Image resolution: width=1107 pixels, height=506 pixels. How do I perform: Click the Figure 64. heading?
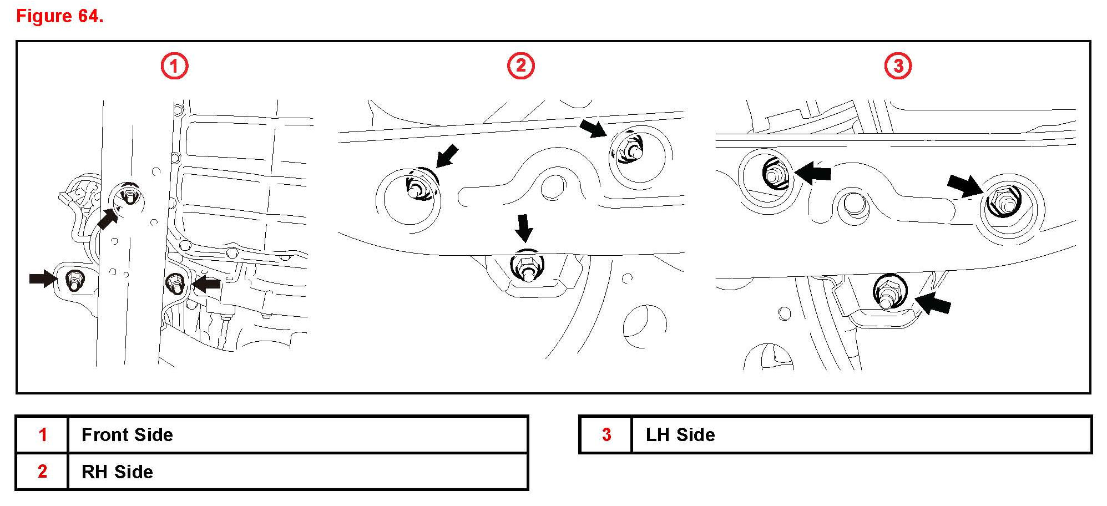pos(60,16)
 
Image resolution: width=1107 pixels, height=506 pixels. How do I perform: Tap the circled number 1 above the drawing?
pos(174,67)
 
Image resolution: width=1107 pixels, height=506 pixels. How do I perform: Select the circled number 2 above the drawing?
pos(520,66)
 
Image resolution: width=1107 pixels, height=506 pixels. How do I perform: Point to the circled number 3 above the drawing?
pos(897,67)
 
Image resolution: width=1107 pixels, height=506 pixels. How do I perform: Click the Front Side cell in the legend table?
pos(127,434)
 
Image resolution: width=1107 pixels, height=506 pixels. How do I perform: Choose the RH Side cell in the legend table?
pos(117,472)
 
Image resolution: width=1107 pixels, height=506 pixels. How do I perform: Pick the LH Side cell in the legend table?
pos(680,434)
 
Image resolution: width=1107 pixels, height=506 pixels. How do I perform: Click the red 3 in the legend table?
pos(606,434)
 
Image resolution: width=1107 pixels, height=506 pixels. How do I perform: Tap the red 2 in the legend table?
pos(42,472)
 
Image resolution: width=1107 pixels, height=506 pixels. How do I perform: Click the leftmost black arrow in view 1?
pos(43,278)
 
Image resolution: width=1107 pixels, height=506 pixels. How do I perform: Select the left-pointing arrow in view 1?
pos(206,284)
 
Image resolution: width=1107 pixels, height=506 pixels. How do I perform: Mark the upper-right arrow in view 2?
pos(593,129)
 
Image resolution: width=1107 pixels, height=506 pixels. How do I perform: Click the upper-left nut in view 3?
pos(773,173)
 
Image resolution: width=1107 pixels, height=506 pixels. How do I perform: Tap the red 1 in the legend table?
pos(42,434)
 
